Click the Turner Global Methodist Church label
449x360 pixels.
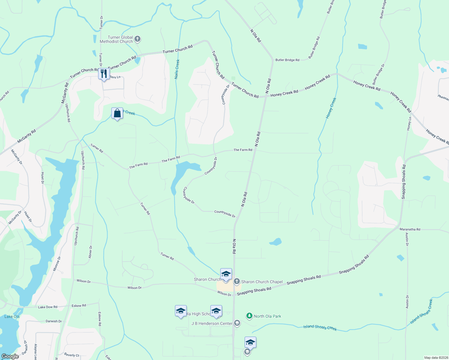116,39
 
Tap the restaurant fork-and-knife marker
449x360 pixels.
104,73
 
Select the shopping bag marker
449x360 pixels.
117,113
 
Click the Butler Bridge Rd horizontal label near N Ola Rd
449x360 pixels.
287,60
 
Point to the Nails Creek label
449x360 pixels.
177,69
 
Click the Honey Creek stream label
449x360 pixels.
331,108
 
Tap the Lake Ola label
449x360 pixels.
12,316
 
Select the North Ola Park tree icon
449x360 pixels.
249,316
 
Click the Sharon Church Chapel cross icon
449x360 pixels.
237,281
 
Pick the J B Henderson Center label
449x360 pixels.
212,323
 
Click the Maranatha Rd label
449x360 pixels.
410,229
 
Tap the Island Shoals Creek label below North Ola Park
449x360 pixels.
320,327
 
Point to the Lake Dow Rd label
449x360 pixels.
47,307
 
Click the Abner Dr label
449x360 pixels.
90,252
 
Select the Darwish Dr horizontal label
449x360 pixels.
54,321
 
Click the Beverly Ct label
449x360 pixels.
72,355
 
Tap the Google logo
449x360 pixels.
10,356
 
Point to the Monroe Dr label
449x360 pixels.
57,264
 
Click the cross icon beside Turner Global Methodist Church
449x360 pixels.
137,39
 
